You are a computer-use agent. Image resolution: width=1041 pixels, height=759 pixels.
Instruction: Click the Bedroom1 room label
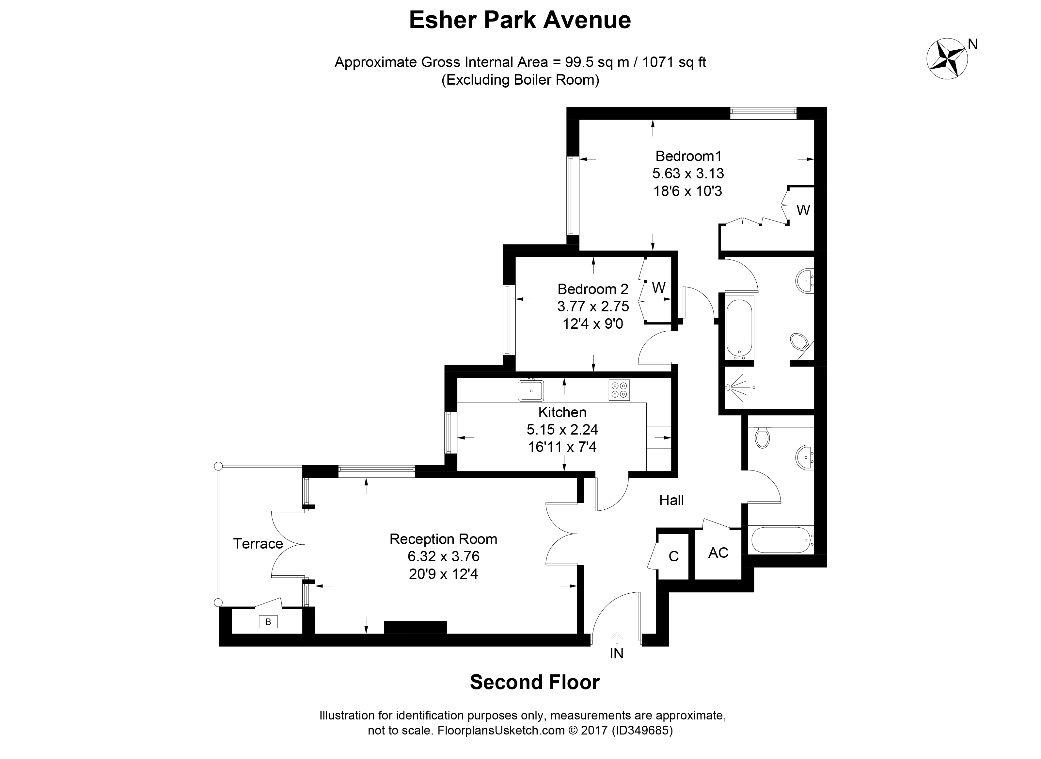pyautogui.click(x=688, y=156)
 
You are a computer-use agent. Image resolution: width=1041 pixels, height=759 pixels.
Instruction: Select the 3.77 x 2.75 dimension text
pyautogui.click(x=593, y=306)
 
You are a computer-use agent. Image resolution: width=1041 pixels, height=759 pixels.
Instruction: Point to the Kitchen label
pyautogui.click(x=562, y=412)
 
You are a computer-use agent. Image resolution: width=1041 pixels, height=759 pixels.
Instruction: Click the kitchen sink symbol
pyautogui.click(x=531, y=390)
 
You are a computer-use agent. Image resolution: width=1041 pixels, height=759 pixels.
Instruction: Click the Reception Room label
pyautogui.click(x=443, y=539)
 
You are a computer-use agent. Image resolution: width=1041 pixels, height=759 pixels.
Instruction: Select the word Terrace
pyautogui.click(x=258, y=544)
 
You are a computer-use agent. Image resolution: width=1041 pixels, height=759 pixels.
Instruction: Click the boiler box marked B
pyautogui.click(x=268, y=622)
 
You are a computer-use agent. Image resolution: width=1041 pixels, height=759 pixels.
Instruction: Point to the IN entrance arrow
pyautogui.click(x=616, y=638)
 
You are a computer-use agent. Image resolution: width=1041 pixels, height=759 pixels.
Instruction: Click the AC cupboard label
pyautogui.click(x=718, y=553)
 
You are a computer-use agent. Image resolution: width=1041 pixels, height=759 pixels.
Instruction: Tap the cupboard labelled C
pyautogui.click(x=673, y=556)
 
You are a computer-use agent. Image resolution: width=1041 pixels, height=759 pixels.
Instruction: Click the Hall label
pyautogui.click(x=671, y=500)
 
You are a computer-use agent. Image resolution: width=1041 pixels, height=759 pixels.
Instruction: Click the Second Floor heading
pyautogui.click(x=534, y=682)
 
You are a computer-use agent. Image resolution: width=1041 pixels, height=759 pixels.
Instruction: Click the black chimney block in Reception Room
pyautogui.click(x=415, y=627)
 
